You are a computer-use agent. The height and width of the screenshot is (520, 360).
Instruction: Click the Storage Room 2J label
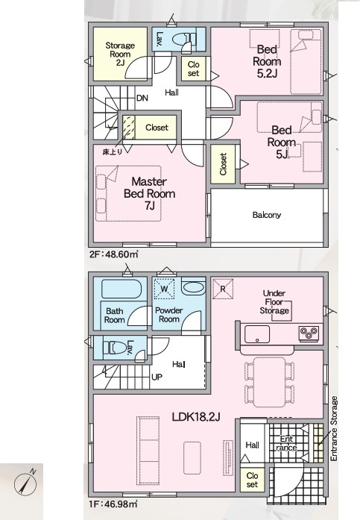point(120,54)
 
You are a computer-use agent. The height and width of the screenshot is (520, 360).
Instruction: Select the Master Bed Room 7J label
point(149,194)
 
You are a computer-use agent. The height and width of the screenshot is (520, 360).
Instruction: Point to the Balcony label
point(267,215)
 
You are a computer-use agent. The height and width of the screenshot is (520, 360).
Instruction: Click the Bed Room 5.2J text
point(267,62)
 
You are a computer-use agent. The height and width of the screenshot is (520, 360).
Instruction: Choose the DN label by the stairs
point(142,98)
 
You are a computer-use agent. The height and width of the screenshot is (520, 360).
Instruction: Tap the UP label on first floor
point(157,377)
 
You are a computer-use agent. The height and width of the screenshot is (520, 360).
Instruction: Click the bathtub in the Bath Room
point(121,289)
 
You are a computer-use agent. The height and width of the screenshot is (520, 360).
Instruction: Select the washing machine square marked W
point(165,289)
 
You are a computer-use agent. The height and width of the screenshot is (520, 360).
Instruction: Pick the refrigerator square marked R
point(223,289)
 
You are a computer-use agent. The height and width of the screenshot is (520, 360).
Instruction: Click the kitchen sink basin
point(257,334)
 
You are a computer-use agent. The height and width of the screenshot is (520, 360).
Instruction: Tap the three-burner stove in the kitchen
point(309,333)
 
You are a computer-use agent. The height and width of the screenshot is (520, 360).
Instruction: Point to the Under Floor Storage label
point(274,302)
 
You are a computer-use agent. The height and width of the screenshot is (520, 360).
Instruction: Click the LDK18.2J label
point(196,417)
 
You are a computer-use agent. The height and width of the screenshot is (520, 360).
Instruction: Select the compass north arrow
point(25,481)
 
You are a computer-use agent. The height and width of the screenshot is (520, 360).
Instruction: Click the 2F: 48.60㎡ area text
point(113,254)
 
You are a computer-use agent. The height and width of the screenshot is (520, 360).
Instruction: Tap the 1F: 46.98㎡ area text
point(113,504)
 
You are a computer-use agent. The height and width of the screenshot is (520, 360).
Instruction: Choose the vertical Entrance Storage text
point(334,428)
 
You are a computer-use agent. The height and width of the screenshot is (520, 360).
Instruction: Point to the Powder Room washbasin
point(193,287)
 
